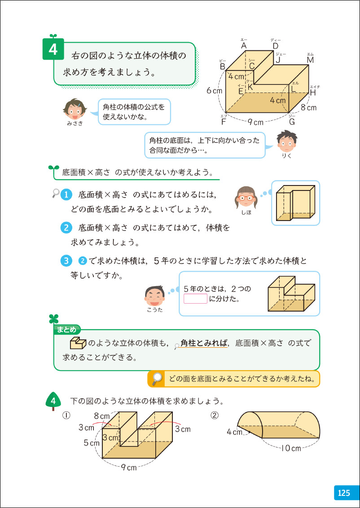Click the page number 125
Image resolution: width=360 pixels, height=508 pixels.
click(344, 493)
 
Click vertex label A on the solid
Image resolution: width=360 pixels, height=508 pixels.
click(244, 46)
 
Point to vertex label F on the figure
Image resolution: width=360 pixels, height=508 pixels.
click(224, 121)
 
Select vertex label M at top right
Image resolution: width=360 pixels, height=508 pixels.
click(310, 60)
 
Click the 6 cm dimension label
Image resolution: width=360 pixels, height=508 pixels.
click(215, 90)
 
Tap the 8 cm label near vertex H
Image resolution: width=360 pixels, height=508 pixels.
click(308, 108)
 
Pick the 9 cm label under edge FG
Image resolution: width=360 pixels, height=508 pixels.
click(255, 122)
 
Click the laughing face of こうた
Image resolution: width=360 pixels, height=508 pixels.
click(154, 294)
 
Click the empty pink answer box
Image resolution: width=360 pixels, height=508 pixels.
click(195, 299)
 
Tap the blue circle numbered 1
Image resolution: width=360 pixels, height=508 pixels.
click(66, 195)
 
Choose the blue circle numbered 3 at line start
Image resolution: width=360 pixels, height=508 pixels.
click(66, 261)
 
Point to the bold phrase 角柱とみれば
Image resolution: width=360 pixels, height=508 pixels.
click(204, 344)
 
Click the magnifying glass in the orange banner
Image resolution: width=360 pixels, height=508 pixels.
click(157, 379)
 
